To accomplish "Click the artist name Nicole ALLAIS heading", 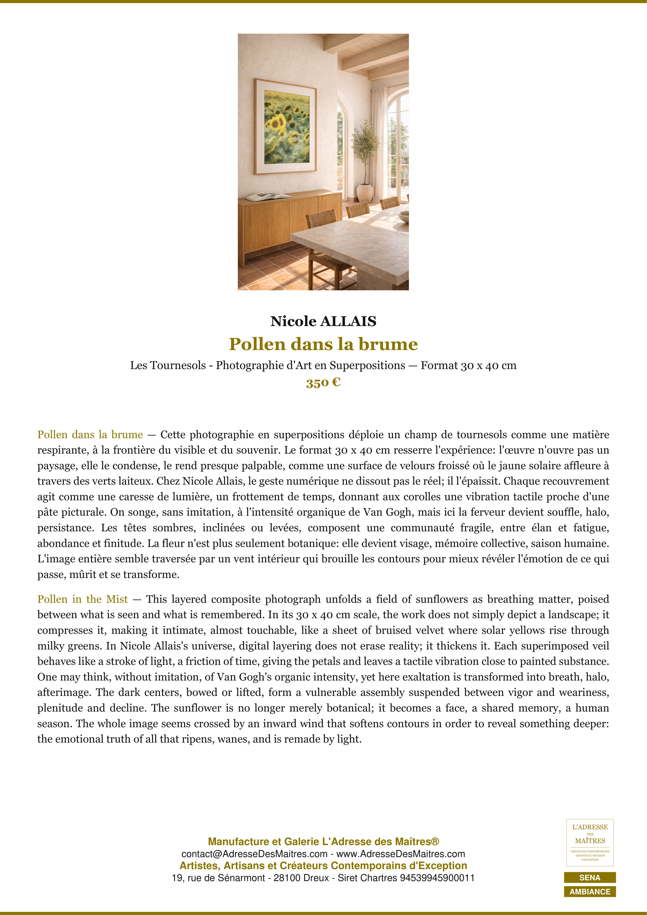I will [323, 321].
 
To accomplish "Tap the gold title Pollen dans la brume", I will [323, 344].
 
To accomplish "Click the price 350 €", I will [323, 383].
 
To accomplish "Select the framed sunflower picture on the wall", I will [285, 127].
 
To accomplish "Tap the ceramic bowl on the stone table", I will [404, 216].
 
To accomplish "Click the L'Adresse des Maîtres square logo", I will [590, 842].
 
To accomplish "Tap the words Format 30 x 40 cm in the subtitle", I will [468, 365].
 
